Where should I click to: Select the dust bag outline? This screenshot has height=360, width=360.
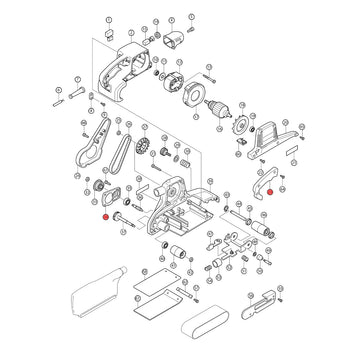[96, 291]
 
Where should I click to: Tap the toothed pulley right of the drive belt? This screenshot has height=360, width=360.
[142, 149]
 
